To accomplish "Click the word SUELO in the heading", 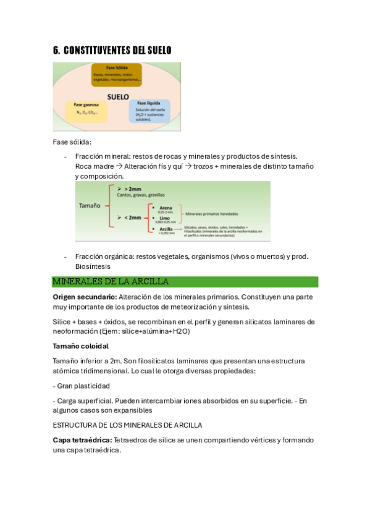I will (156, 50).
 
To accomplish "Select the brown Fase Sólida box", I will (116, 75).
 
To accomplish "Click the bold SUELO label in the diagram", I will (117, 97).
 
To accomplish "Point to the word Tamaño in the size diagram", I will (90, 206).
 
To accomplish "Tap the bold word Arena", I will (166, 208).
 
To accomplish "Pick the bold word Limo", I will (165, 218).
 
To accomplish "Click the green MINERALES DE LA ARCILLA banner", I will (185, 282).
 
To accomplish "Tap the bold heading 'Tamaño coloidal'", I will (81, 346).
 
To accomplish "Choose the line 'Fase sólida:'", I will (72, 142).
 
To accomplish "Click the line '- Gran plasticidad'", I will (84, 386).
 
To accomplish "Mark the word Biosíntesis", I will (93, 266).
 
